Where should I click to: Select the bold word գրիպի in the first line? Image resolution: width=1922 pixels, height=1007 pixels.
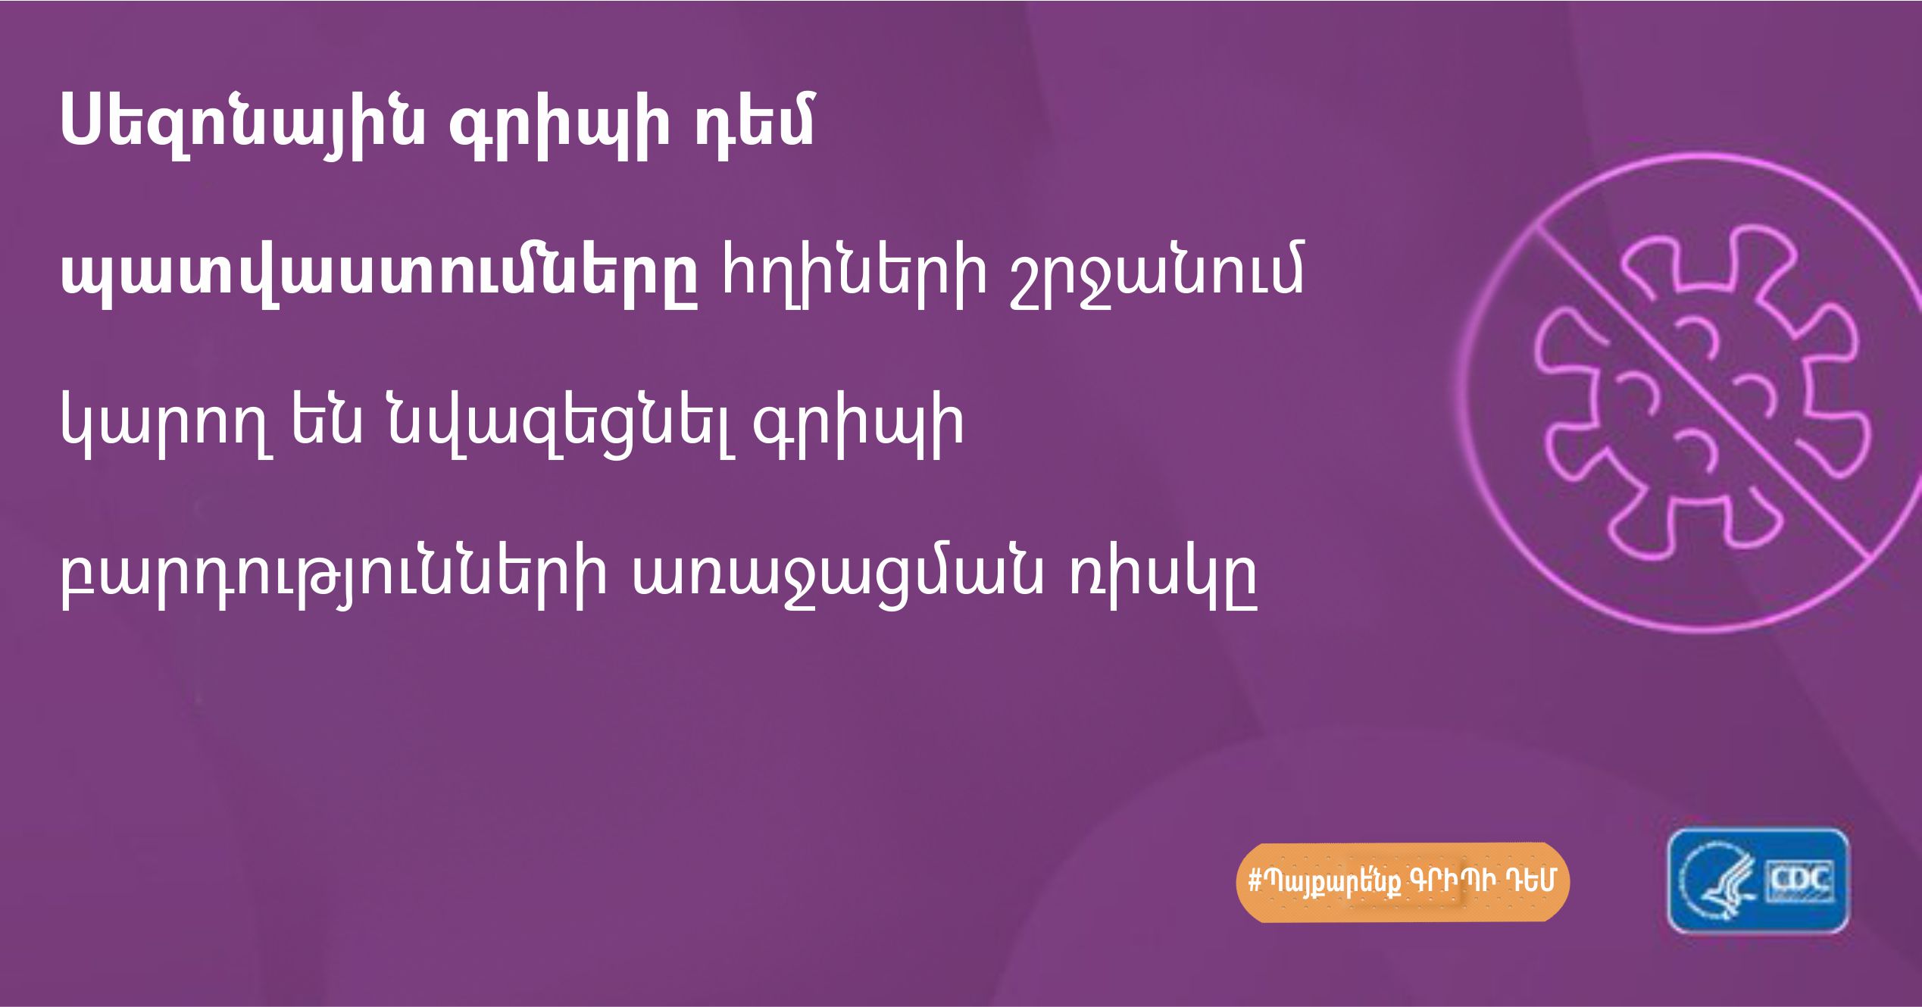(561, 126)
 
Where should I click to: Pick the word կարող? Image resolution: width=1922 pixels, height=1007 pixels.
(167, 424)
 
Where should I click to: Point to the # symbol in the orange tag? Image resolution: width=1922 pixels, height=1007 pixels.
(1254, 881)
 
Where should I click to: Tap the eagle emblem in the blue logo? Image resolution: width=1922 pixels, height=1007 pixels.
(1720, 883)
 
